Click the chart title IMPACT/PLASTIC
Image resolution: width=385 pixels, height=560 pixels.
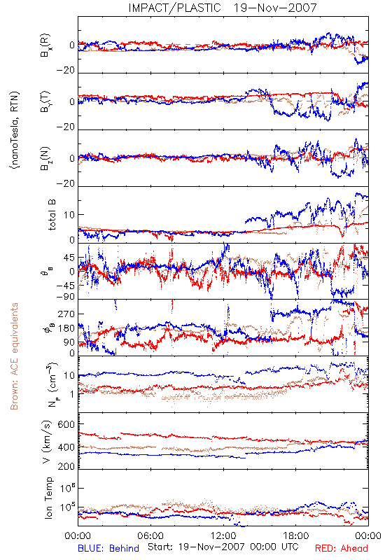174,8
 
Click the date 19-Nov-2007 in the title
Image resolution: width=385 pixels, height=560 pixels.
275,8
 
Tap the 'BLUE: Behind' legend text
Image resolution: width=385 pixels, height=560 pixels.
108,548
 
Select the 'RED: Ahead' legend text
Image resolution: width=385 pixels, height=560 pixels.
342,548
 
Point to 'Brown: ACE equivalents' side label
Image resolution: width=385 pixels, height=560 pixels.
14,356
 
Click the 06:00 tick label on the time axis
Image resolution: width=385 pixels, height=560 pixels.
150,535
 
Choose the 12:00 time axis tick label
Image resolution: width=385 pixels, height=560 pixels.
223,535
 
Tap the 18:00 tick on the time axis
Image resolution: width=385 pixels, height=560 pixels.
296,535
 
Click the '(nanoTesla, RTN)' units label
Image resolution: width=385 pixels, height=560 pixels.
15,130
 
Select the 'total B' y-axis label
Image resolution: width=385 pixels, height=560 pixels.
51,215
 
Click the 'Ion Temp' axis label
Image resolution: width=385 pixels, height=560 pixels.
48,498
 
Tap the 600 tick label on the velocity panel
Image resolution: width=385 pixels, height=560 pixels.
66,424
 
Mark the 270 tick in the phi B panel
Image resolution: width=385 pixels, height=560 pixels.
66,314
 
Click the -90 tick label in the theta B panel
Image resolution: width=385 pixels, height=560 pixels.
65,296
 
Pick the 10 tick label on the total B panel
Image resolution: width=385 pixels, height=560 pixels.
69,215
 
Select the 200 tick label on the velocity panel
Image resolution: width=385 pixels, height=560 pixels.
66,466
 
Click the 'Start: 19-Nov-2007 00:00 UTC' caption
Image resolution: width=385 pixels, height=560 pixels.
223,547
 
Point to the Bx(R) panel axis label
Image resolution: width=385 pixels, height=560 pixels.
45,45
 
